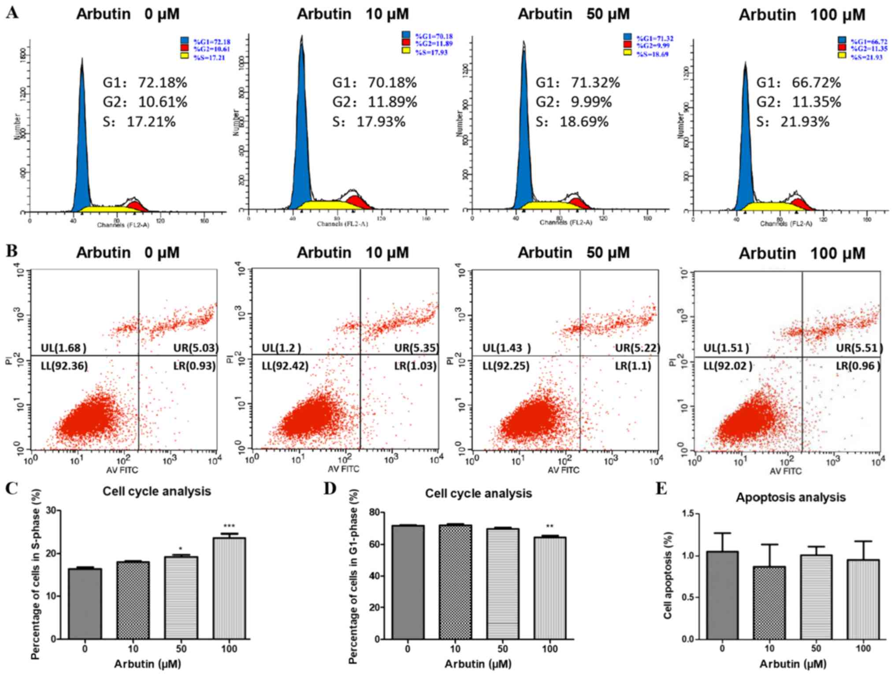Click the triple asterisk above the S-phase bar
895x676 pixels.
(x=229, y=526)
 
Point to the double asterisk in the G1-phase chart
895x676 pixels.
(x=550, y=526)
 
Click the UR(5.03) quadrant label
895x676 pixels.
(x=195, y=348)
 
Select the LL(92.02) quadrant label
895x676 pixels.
(x=728, y=366)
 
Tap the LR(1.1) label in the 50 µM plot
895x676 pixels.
(x=633, y=366)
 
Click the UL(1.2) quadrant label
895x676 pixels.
(x=281, y=348)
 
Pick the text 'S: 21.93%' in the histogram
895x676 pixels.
(x=793, y=122)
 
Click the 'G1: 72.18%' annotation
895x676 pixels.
(x=145, y=82)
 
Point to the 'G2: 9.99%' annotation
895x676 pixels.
(x=573, y=102)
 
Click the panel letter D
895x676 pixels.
(x=330, y=489)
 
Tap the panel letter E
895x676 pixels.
(x=661, y=489)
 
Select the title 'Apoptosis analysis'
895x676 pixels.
(x=791, y=497)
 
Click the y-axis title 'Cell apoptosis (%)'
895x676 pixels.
(x=668, y=575)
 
